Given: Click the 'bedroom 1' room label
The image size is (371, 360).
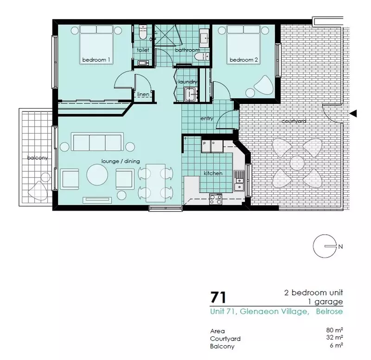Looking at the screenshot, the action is (x=96, y=60).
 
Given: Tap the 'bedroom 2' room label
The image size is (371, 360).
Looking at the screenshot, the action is (x=243, y=60).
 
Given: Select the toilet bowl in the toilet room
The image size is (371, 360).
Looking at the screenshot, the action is (x=143, y=33).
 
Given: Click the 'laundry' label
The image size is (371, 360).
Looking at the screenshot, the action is (x=188, y=82).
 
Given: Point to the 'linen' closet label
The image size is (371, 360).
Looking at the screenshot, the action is (x=143, y=94).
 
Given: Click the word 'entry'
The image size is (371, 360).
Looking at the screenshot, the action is (x=207, y=118).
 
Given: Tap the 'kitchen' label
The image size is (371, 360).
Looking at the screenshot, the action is (x=213, y=173).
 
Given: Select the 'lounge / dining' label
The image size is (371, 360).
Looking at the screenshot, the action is (x=121, y=161).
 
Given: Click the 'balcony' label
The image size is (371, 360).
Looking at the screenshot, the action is (x=38, y=157).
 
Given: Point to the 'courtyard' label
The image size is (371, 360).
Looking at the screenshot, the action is (x=294, y=121).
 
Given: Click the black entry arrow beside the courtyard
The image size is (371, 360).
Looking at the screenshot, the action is (x=353, y=114).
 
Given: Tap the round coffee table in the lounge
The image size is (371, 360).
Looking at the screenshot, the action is (x=97, y=175).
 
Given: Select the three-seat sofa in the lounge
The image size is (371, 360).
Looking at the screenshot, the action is (x=97, y=142).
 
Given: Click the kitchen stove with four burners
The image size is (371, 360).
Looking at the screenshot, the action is (x=216, y=199).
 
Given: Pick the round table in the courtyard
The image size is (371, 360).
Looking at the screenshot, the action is (x=297, y=163).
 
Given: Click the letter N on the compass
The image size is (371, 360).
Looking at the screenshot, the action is (x=340, y=247).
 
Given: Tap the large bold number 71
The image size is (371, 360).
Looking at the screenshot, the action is (x=218, y=297).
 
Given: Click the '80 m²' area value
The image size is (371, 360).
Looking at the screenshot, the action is (x=334, y=330).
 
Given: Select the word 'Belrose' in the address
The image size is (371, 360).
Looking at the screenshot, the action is (x=329, y=311).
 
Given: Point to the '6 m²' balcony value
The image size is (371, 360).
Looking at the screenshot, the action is (x=336, y=345).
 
